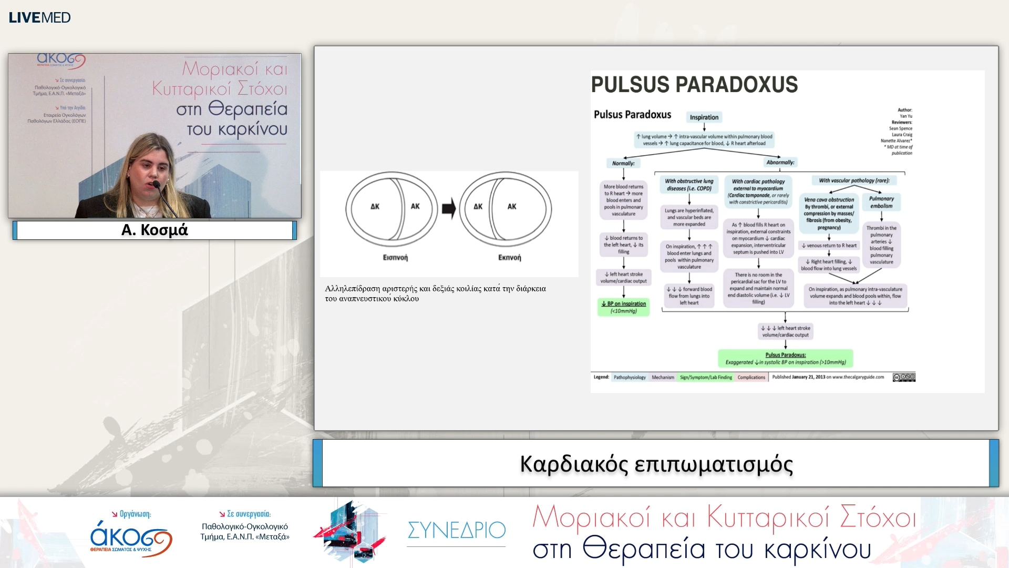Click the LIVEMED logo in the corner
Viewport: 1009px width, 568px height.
point(39,17)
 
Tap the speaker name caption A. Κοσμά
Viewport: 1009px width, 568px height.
point(155,230)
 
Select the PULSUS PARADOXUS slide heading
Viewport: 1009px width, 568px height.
point(694,85)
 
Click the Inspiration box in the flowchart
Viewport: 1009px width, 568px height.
point(704,117)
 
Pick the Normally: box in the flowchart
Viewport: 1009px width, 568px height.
point(623,163)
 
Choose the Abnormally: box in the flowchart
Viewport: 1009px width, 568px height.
point(780,162)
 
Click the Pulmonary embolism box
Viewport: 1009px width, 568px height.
point(881,202)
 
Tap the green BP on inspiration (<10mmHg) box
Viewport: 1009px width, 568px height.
point(623,307)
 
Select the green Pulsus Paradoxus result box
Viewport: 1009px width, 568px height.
point(785,359)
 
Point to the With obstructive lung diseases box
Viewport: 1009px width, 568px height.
point(689,185)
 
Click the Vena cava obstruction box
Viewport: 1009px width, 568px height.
point(829,214)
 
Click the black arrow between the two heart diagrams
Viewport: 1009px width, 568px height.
point(449,209)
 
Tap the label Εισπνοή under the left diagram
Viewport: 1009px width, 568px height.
point(395,258)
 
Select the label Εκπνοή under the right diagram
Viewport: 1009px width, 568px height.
point(509,258)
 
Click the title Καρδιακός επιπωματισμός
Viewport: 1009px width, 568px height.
point(656,464)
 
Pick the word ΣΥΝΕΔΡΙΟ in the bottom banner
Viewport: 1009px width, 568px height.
point(456,530)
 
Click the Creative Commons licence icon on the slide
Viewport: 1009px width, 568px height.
point(904,377)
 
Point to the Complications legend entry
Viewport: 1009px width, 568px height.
point(751,378)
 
